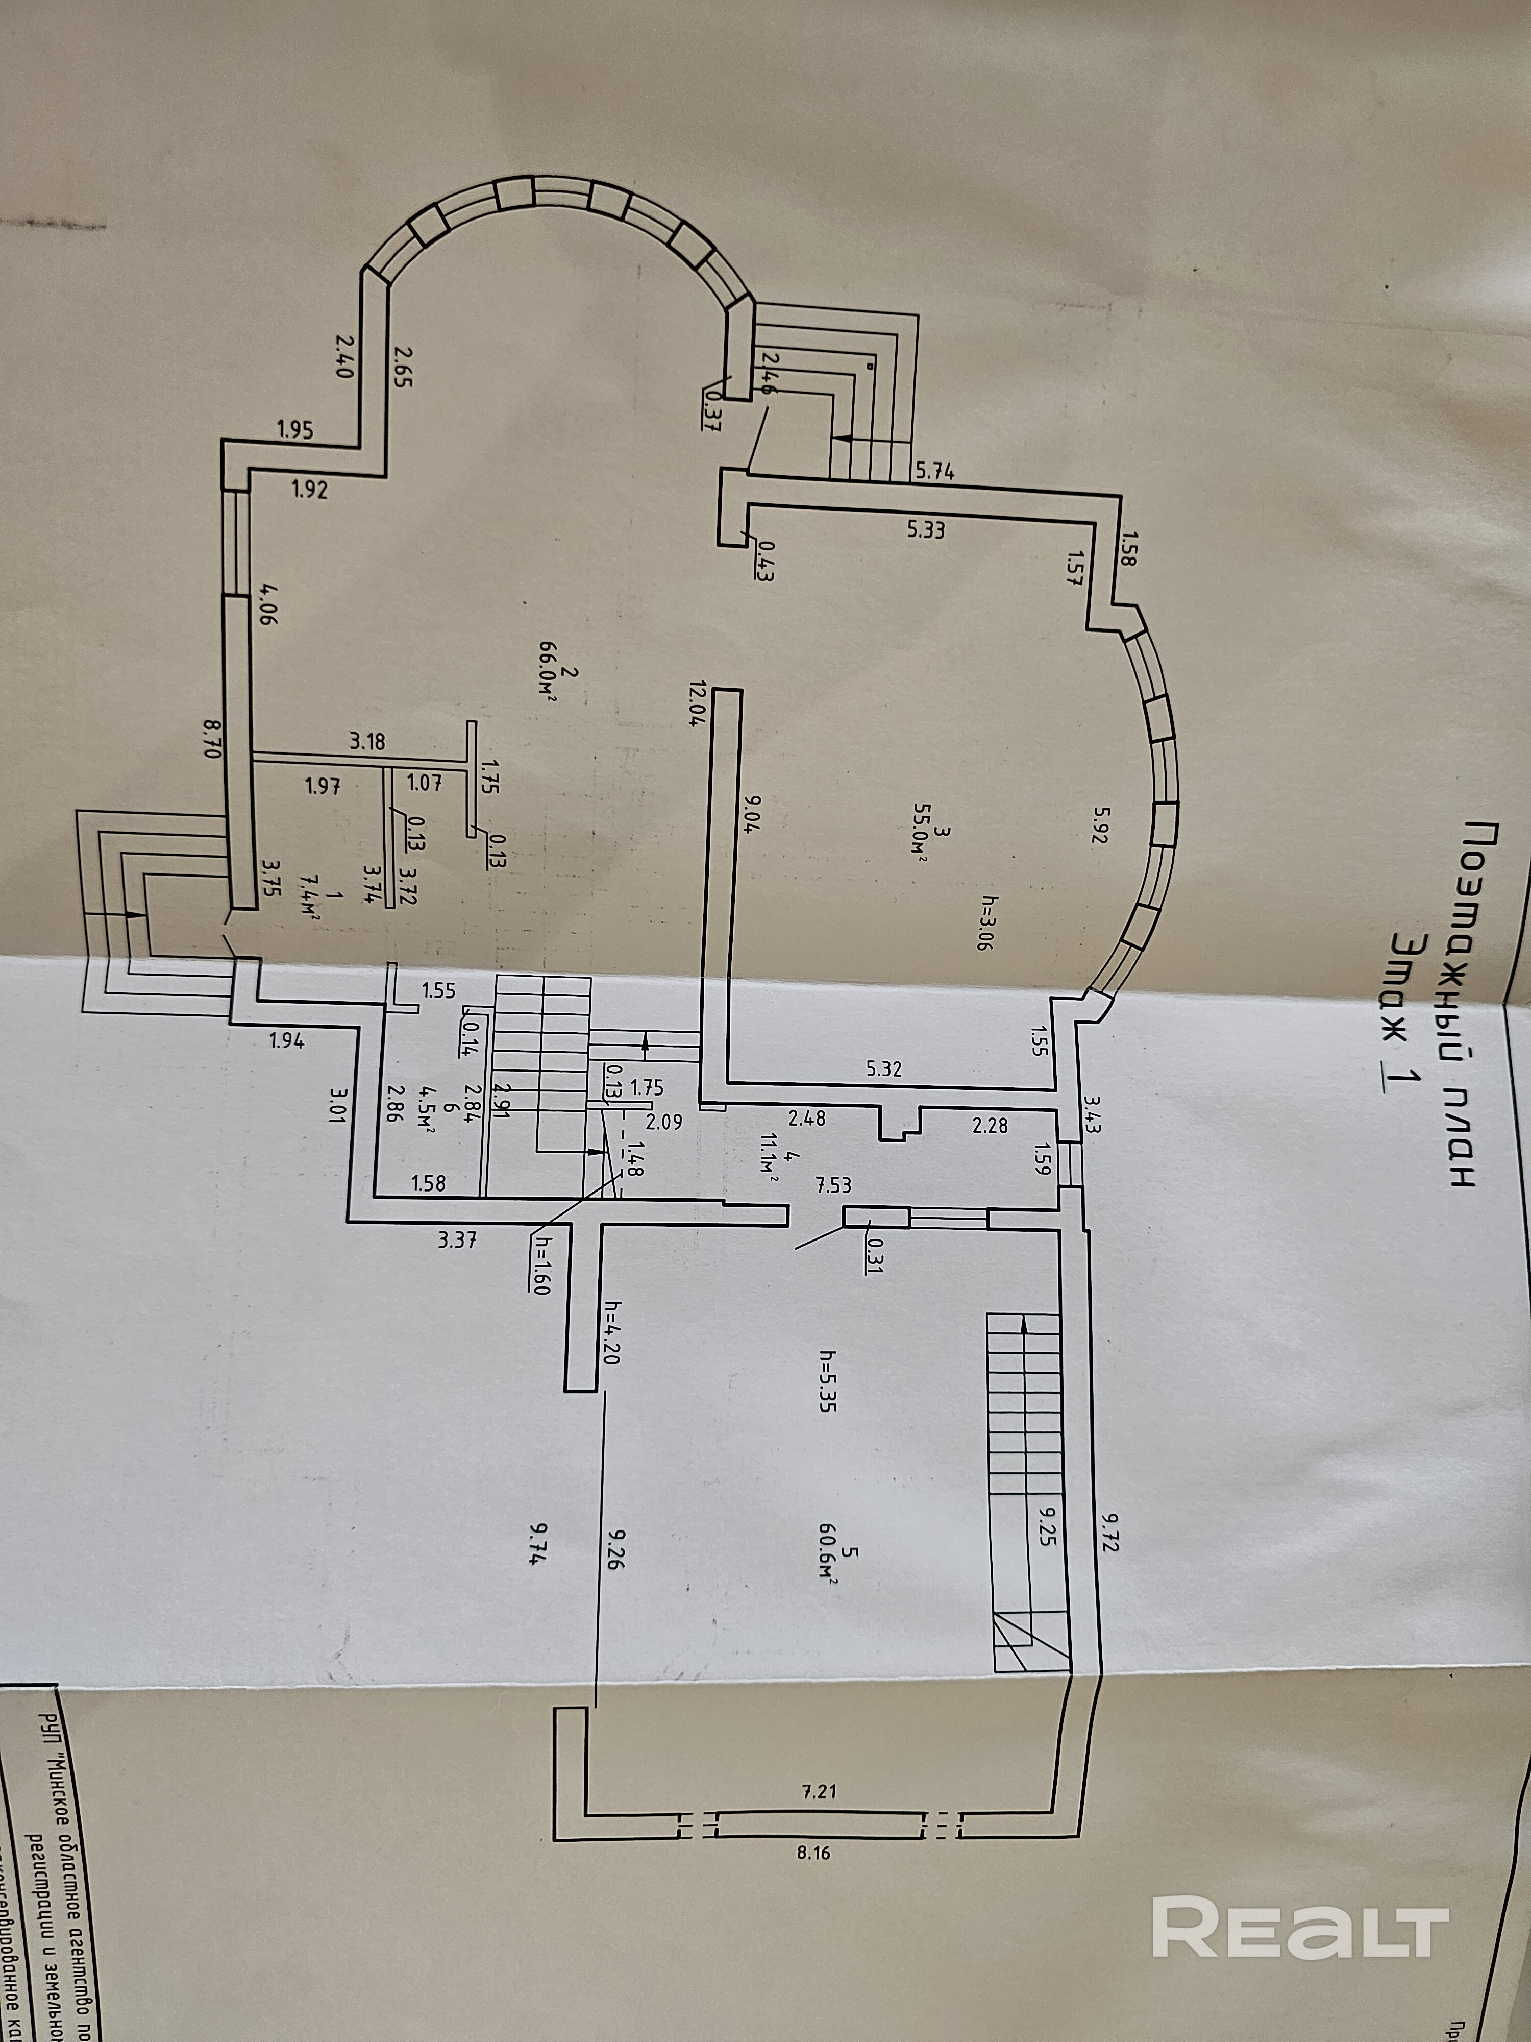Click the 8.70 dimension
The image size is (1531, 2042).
(207, 739)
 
